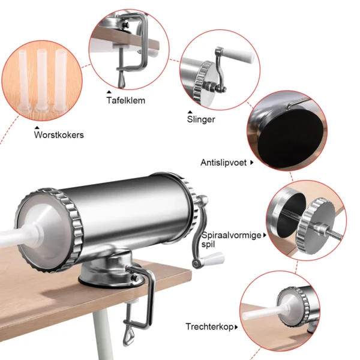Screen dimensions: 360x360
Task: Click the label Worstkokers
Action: tap(59, 135)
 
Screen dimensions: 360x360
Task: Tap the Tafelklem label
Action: tap(125, 100)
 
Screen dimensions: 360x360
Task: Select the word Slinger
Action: tap(201, 119)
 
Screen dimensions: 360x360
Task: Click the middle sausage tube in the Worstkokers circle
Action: tap(41, 78)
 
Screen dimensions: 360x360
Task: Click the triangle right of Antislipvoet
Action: tap(252, 162)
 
